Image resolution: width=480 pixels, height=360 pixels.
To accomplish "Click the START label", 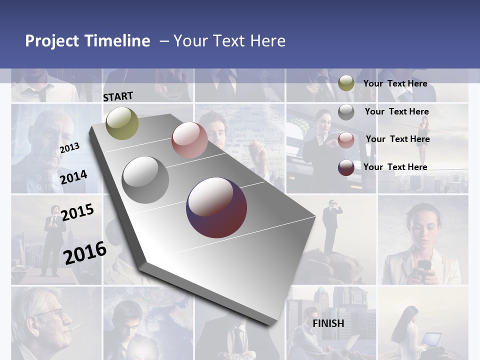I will pos(118,96).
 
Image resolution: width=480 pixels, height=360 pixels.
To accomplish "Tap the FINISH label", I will pos(328,323).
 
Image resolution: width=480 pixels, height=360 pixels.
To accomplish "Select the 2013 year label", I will pos(69,147).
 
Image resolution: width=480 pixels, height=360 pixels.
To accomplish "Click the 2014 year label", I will pos(73,177).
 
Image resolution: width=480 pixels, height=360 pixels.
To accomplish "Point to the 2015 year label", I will pos(77,212).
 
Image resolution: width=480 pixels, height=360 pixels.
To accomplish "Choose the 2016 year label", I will pos(85,252).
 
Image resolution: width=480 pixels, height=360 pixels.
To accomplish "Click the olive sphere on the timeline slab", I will pos(122,123).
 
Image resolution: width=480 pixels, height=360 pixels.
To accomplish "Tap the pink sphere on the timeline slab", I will pos(189,140).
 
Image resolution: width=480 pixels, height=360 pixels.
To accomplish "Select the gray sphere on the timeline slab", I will pos(145,180).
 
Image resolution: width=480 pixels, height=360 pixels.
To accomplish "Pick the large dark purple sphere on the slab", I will pos(216,207).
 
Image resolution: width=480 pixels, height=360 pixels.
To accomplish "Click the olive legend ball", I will pos(346,83).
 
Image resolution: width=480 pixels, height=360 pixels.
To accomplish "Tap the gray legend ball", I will pos(346,112).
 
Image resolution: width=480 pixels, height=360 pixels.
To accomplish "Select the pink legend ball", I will pos(346,140).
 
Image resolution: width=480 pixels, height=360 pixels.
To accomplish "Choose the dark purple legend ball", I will pos(346,167).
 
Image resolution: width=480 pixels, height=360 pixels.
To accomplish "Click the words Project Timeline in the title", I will pos(87,41).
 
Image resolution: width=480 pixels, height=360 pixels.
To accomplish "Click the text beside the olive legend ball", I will pos(395,83).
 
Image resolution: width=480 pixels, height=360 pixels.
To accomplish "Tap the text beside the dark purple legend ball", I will pos(395,167).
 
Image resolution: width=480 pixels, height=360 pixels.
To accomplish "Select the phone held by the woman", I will pos(424,265).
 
